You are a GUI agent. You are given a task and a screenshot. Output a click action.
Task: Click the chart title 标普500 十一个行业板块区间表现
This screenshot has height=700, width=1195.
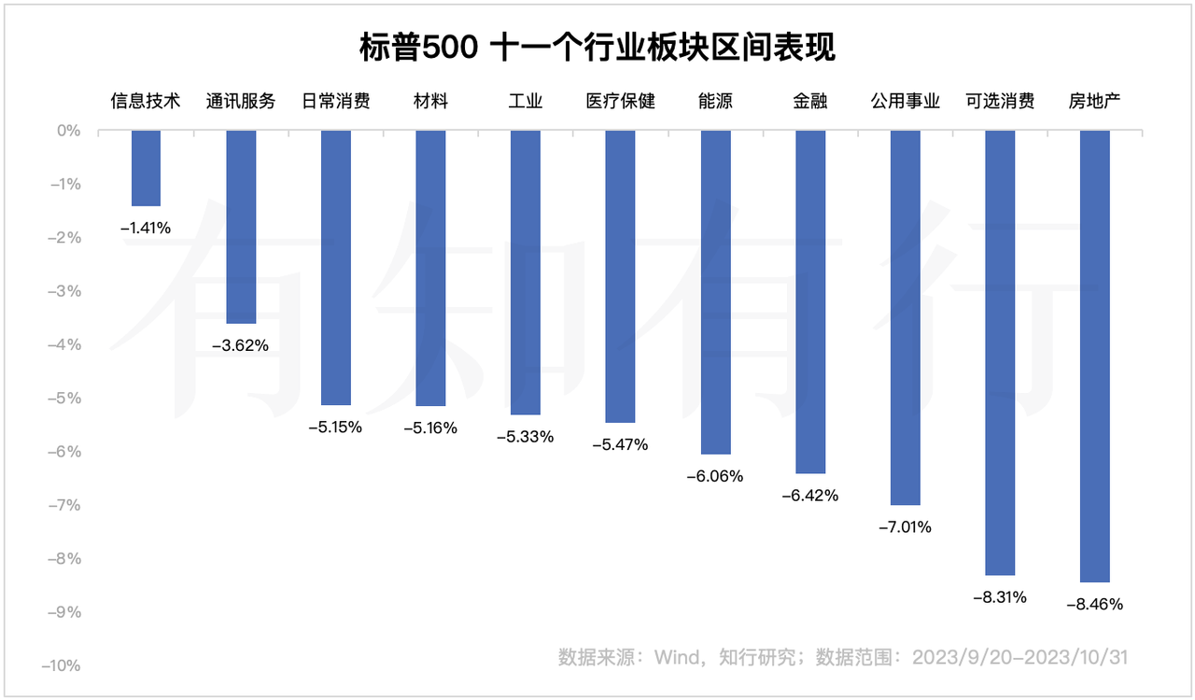coord(597,47)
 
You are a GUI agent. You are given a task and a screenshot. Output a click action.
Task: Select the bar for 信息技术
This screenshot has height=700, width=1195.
coord(146,168)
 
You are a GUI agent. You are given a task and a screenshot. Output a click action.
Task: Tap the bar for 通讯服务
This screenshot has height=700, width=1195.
coord(241,227)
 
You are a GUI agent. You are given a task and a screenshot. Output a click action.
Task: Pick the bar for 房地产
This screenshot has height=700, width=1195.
coord(1094,356)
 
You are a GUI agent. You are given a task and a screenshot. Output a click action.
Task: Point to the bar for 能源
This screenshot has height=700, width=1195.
coord(715,292)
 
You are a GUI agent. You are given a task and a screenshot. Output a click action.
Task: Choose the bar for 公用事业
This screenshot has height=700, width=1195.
coord(905,317)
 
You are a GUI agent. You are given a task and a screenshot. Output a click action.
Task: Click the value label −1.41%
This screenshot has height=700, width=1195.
coord(146,227)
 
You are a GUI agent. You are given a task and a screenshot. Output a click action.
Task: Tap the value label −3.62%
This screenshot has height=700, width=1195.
coord(241,345)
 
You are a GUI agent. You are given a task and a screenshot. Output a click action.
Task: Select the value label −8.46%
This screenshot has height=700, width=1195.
coord(1094,604)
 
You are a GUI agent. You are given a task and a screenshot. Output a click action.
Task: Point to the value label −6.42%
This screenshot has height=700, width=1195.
coord(810,496)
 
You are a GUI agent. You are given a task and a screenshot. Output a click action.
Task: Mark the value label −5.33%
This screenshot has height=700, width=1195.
coord(526,436)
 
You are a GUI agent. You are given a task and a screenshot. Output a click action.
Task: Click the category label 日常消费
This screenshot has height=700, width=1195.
coord(336,101)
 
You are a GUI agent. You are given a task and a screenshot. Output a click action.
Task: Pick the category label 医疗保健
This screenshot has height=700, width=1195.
coord(620,101)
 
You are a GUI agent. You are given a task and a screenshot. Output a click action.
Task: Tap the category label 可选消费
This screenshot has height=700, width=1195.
coord(1000,101)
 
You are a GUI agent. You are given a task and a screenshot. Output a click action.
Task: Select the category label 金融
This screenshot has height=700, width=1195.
coord(810,101)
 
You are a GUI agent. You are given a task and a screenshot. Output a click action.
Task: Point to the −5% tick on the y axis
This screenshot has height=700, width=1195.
coord(65,399)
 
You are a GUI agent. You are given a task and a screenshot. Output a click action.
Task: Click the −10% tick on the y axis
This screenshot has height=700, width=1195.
coord(63,666)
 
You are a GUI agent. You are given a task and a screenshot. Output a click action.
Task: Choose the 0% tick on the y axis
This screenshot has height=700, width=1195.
coord(69,131)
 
